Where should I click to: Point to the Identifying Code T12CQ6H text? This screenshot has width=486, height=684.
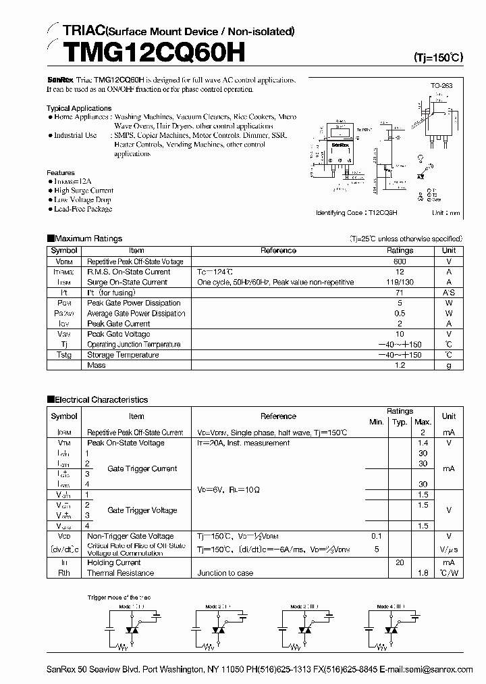[356, 212]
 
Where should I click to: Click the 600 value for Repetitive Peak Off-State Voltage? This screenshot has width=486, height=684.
[400, 262]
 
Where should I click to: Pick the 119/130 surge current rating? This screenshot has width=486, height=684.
[400, 283]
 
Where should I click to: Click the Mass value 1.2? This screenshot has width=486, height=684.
[400, 366]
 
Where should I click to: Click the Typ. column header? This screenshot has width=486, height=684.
[400, 422]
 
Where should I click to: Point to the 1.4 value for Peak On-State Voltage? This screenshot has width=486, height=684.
[423, 443]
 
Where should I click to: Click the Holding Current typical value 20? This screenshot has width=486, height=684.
[400, 563]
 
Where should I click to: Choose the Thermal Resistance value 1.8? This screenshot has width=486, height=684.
[423, 573]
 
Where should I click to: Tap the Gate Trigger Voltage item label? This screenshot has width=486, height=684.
[142, 510]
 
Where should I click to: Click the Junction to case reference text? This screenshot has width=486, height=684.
[225, 573]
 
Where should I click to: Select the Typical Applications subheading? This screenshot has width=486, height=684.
[79, 108]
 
